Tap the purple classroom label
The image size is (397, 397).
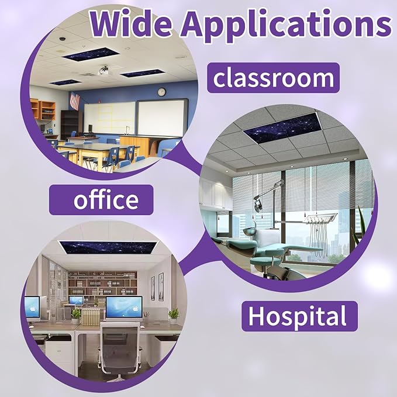tap(273, 78)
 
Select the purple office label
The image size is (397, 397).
tap(101, 200)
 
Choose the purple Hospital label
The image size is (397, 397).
tap(299, 316)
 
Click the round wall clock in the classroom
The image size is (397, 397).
tap(161, 92)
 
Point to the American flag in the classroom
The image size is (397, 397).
tap(75, 101)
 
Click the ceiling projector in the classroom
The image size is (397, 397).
tap(104, 71)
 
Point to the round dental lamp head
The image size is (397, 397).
tap(258, 206)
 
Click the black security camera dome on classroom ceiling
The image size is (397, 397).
tap(62, 39)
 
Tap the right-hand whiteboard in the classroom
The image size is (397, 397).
tap(162, 118)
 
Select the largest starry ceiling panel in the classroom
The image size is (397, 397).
tap(91, 54)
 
